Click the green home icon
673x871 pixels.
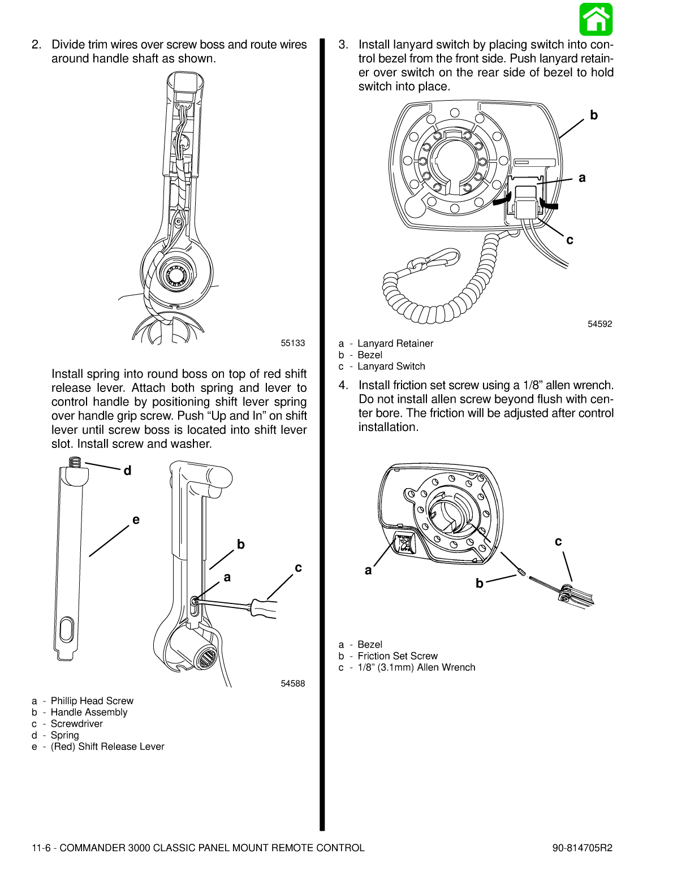click(x=596, y=19)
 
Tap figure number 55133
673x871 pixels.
click(x=292, y=343)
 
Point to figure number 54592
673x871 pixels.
click(x=599, y=324)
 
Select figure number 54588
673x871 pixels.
click(x=292, y=684)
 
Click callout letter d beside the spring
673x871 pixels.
click(x=127, y=471)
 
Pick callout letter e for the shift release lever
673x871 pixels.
click(x=136, y=520)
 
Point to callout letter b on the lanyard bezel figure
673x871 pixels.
click(x=593, y=115)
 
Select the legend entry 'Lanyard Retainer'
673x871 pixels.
click(x=395, y=343)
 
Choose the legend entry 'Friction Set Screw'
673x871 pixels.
click(x=397, y=656)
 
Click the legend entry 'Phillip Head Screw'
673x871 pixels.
click(x=92, y=701)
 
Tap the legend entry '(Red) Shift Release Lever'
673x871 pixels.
click(x=107, y=747)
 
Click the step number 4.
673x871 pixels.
click(x=343, y=385)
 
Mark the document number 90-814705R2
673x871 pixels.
click(x=582, y=848)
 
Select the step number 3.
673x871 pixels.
click(x=343, y=45)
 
